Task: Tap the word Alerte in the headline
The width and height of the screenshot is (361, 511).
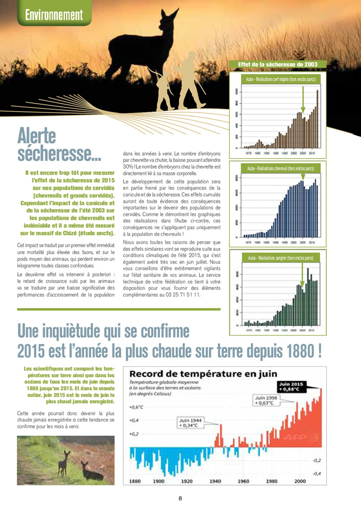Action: tap(37, 135)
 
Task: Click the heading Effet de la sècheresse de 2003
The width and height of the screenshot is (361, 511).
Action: tap(278, 64)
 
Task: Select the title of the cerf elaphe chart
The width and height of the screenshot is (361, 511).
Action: tap(281, 80)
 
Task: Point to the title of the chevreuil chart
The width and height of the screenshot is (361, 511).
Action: tap(280, 168)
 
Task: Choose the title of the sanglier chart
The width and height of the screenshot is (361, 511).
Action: tap(280, 258)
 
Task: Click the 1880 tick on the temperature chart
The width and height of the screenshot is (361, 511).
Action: tap(135, 481)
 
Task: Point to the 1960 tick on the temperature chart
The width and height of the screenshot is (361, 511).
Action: tap(244, 481)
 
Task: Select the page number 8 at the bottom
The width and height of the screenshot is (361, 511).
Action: tap(180, 498)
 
